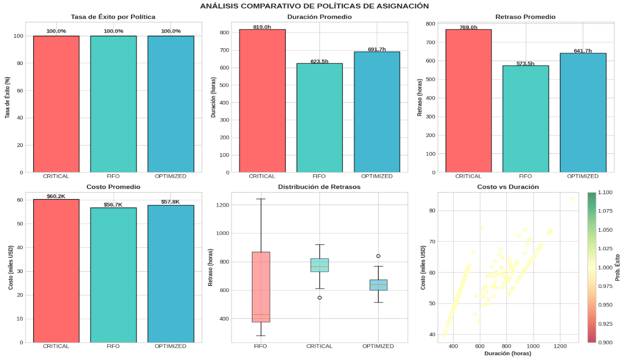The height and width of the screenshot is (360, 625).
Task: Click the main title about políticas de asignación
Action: pos(314,6)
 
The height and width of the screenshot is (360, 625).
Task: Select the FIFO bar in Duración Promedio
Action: pos(319,118)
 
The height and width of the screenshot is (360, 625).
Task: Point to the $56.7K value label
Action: pos(113,205)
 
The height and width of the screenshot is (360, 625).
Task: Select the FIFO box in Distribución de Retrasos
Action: pos(261,287)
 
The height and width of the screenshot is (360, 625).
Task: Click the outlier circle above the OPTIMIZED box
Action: pos(378,256)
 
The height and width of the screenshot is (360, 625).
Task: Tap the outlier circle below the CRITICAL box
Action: pos(319,297)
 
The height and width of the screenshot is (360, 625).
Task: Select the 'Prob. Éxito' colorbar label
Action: pos(618,267)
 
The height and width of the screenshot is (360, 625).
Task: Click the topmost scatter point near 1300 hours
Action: pos(572,199)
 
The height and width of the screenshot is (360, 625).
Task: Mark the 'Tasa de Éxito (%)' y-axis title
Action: pos(8,97)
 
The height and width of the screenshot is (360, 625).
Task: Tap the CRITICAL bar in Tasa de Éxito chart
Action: pos(56,104)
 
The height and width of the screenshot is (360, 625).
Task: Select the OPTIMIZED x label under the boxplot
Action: pos(378,346)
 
